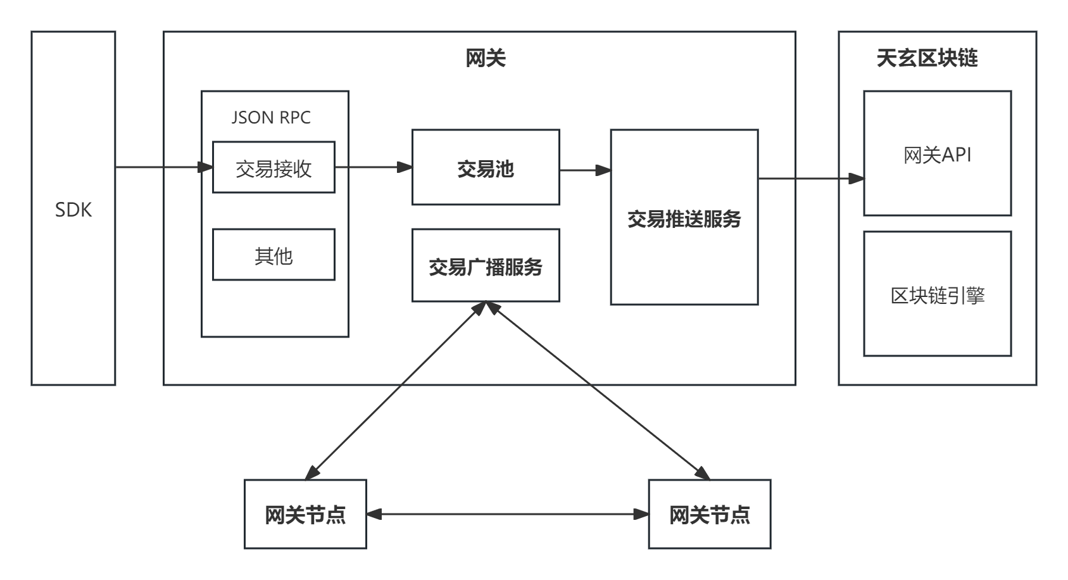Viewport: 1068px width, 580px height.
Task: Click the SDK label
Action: [x=73, y=210]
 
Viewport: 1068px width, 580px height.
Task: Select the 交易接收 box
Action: [x=273, y=168]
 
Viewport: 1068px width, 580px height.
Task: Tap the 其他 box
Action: [x=273, y=255]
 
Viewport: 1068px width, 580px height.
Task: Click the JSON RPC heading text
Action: [x=271, y=118]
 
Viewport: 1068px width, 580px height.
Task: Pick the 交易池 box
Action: [x=486, y=168]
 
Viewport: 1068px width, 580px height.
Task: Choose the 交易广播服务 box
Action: [x=486, y=267]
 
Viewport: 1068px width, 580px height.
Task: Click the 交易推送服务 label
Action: [x=684, y=219]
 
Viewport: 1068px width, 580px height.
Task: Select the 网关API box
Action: [x=937, y=154]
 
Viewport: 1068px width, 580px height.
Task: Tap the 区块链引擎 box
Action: [x=937, y=295]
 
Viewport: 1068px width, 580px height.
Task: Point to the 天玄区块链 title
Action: [x=927, y=58]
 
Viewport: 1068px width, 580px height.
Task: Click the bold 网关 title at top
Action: [x=486, y=59]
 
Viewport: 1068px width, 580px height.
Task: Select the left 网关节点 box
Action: [x=306, y=514]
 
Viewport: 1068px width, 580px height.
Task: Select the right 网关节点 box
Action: [x=710, y=514]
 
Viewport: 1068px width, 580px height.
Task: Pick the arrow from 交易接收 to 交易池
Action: [x=373, y=167]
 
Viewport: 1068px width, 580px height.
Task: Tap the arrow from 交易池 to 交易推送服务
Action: [x=585, y=170]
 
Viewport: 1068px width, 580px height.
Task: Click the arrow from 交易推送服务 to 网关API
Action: [x=810, y=179]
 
